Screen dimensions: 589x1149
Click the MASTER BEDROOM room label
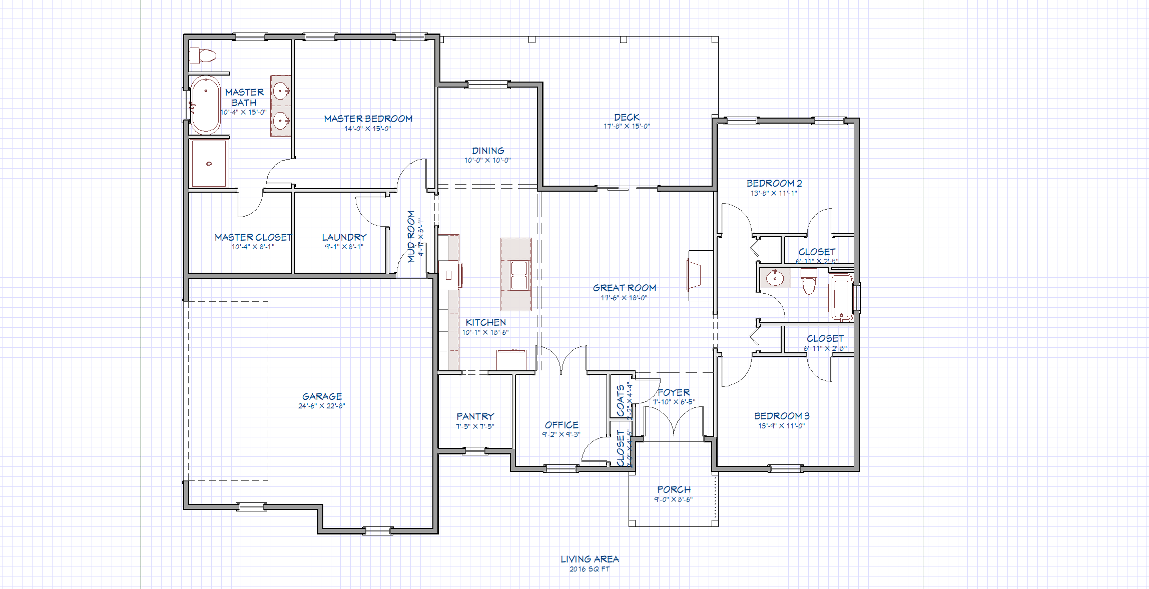[x=368, y=119]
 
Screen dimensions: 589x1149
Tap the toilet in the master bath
[x=203, y=55]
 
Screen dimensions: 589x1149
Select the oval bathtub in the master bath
[x=205, y=105]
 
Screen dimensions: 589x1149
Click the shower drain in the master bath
[x=209, y=163]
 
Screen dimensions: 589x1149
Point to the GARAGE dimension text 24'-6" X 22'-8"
[x=321, y=406]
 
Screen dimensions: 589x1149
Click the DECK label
[x=627, y=117]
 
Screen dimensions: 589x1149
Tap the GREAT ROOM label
[x=624, y=288]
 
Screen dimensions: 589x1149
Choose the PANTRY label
[x=475, y=416]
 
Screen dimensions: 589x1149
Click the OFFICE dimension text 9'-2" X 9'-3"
[x=561, y=434]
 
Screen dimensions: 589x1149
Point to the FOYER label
[x=674, y=392]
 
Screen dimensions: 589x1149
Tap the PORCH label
[x=674, y=489]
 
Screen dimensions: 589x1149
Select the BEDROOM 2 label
[x=774, y=183]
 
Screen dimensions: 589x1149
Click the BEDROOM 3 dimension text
[x=781, y=426]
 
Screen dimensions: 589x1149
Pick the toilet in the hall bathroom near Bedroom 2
[x=809, y=281]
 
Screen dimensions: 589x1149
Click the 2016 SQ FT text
[x=590, y=569]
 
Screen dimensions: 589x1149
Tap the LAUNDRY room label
[x=344, y=237]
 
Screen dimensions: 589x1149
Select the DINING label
[x=488, y=151]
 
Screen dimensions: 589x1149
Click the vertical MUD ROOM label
[x=411, y=236]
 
